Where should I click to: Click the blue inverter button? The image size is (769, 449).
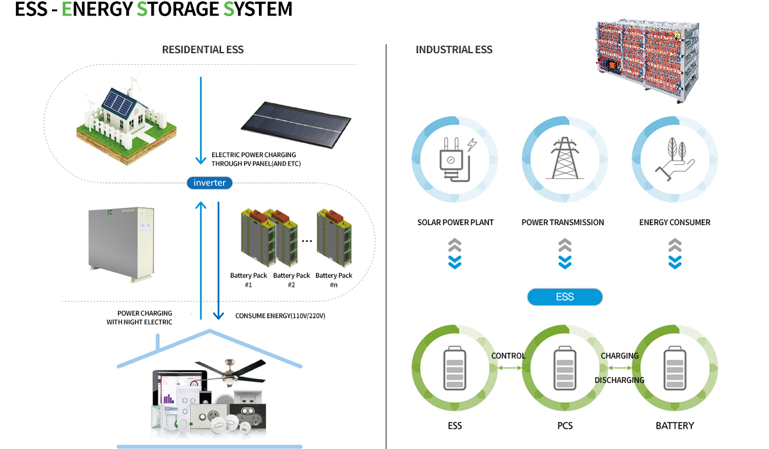tap(210, 183)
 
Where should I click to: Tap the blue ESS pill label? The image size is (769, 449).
tap(565, 297)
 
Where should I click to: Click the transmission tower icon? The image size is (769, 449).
tap(565, 158)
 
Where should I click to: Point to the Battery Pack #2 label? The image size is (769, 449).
tap(291, 280)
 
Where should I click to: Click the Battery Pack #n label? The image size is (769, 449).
tap(334, 280)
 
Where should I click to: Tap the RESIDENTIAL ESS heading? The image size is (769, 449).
tap(203, 49)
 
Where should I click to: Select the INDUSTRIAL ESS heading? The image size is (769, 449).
tap(454, 49)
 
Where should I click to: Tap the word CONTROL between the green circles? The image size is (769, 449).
tap(508, 356)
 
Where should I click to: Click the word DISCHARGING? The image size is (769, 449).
tap(619, 380)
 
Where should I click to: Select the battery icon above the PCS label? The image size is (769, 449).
tap(565, 370)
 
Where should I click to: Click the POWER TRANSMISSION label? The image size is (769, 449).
tap(563, 223)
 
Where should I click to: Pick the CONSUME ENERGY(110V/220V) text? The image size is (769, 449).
tap(280, 316)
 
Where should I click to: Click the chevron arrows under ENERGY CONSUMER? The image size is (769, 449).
tap(674, 253)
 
